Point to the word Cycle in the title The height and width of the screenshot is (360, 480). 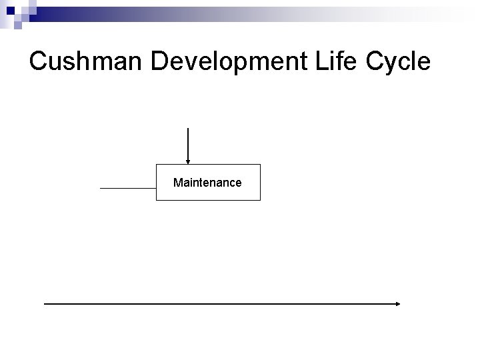pyautogui.click(x=399, y=62)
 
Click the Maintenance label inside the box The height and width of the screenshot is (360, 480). pyautogui.click(x=207, y=182)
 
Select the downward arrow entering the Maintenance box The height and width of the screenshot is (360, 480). pyautogui.click(x=188, y=144)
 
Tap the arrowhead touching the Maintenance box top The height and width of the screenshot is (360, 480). pyautogui.click(x=188, y=161)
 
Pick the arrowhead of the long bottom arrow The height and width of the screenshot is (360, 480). pyautogui.click(x=398, y=304)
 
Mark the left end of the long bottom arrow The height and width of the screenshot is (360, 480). pyautogui.click(x=45, y=304)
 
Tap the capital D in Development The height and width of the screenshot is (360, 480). pyautogui.click(x=160, y=62)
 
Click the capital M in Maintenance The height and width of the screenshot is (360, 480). pyautogui.click(x=177, y=182)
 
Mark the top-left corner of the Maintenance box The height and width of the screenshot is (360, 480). pyautogui.click(x=157, y=164)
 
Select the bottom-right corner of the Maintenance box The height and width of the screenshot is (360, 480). pyautogui.click(x=260, y=200)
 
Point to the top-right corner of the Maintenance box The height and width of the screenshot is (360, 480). pyautogui.click(x=260, y=164)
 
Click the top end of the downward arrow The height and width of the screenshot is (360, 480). pyautogui.click(x=188, y=128)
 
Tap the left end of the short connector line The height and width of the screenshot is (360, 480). pyautogui.click(x=101, y=189)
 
